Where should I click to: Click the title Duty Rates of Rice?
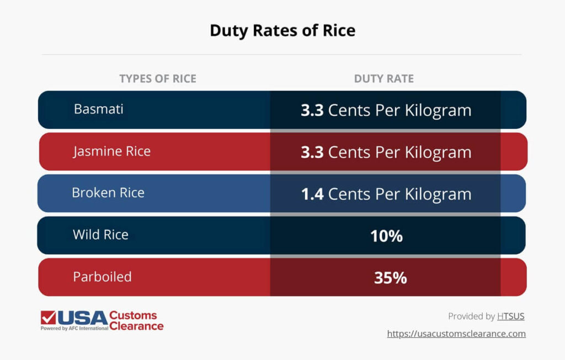pos(282,30)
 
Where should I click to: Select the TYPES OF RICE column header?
pos(158,79)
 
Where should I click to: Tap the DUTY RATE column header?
pos(384,79)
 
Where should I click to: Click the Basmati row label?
pos(99,109)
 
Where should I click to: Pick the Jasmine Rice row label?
pos(112,151)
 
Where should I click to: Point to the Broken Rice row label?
pos(108,193)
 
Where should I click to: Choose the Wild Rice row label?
pos(101,235)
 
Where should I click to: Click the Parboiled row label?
pos(103,277)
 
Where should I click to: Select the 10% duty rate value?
pos(386,237)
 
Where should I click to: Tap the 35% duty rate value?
pos(390,278)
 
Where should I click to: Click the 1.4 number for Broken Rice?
pos(312,194)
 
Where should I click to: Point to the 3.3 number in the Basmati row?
pos(312,110)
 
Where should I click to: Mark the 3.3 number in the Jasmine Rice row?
pos(312,152)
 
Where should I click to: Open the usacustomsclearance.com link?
pos(456,334)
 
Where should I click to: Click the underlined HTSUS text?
pos(511,316)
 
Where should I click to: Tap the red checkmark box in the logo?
pos(48,318)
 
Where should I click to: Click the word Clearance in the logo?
pos(136,326)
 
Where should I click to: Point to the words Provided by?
pos(471,316)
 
